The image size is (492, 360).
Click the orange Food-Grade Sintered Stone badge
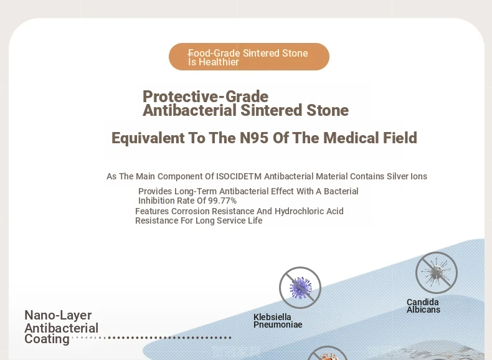(249, 57)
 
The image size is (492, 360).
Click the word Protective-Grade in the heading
(206, 97)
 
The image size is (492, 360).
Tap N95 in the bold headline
(254, 138)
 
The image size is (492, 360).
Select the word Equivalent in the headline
(148, 138)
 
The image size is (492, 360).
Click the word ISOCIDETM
(239, 176)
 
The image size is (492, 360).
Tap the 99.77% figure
(222, 201)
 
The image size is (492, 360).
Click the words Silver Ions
(407, 176)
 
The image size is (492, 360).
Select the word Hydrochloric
(300, 211)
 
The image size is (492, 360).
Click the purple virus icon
(300, 288)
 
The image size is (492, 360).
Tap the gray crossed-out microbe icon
(437, 273)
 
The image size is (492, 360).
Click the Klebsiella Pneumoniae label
(278, 321)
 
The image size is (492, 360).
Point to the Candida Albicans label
(423, 306)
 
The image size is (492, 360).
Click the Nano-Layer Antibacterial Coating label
(62, 327)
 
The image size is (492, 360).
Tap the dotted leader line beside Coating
(151, 338)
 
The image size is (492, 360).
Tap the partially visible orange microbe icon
(327, 353)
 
